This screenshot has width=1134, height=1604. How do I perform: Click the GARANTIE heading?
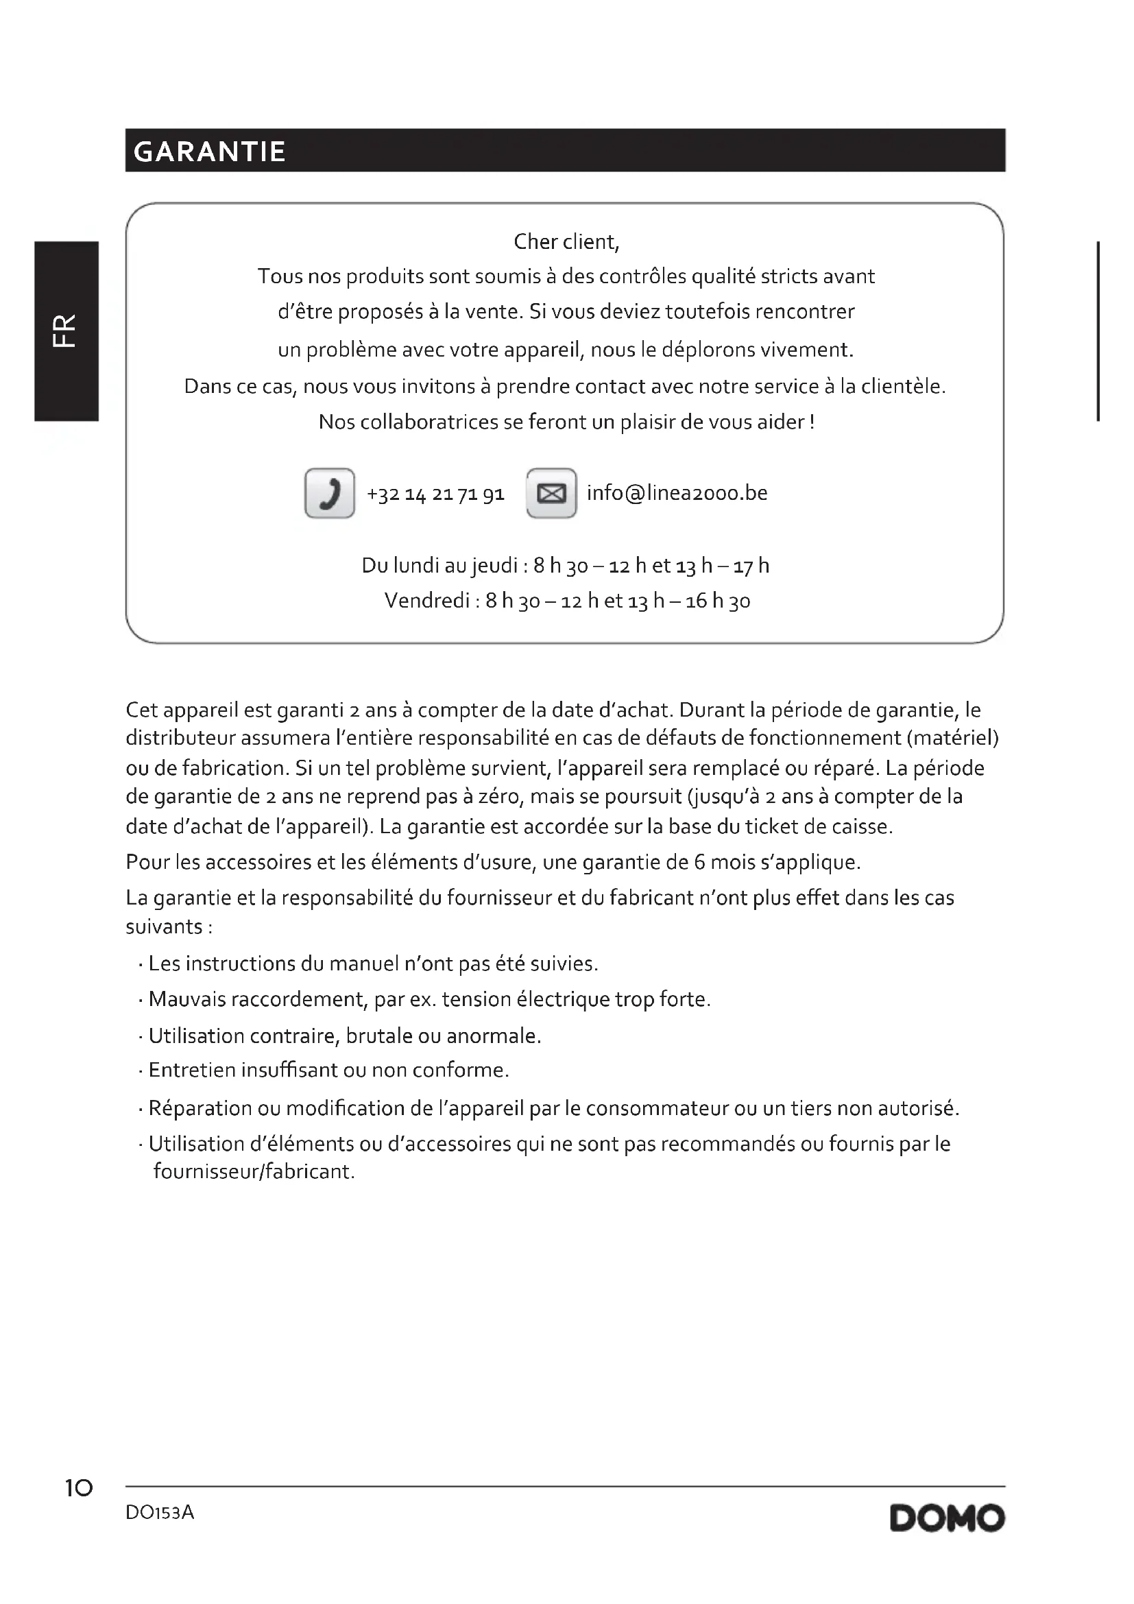click(x=210, y=152)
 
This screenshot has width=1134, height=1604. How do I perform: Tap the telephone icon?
click(x=330, y=493)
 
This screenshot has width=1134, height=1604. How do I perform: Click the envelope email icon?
click(x=551, y=493)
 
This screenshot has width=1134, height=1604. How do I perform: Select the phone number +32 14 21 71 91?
click(x=435, y=494)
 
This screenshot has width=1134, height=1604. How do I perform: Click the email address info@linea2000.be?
click(x=677, y=493)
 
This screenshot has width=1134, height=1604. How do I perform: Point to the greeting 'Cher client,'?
click(x=566, y=241)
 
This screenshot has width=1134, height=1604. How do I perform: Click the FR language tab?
click(x=66, y=331)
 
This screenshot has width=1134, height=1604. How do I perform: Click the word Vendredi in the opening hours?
click(x=426, y=601)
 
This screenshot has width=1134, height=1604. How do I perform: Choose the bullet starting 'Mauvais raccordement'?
click(x=429, y=1000)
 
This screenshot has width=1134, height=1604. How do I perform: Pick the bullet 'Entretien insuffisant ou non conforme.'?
click(x=328, y=1070)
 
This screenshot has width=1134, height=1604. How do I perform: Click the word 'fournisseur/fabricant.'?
click(x=254, y=1171)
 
